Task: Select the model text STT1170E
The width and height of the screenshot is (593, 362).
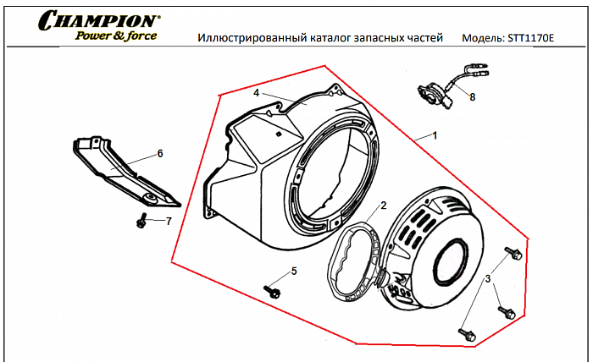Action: (x=531, y=39)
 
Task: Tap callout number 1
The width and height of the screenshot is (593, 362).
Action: (x=435, y=135)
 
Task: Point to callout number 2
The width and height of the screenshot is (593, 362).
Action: (x=383, y=206)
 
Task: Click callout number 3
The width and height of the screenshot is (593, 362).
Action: (x=488, y=278)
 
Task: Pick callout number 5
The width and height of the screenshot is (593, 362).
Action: (x=293, y=271)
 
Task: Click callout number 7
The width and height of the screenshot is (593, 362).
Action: (x=168, y=221)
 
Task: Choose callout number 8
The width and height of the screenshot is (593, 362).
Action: (x=472, y=97)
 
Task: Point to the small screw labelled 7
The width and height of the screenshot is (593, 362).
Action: (x=142, y=221)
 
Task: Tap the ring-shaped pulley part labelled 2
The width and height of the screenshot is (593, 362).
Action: (x=352, y=262)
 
